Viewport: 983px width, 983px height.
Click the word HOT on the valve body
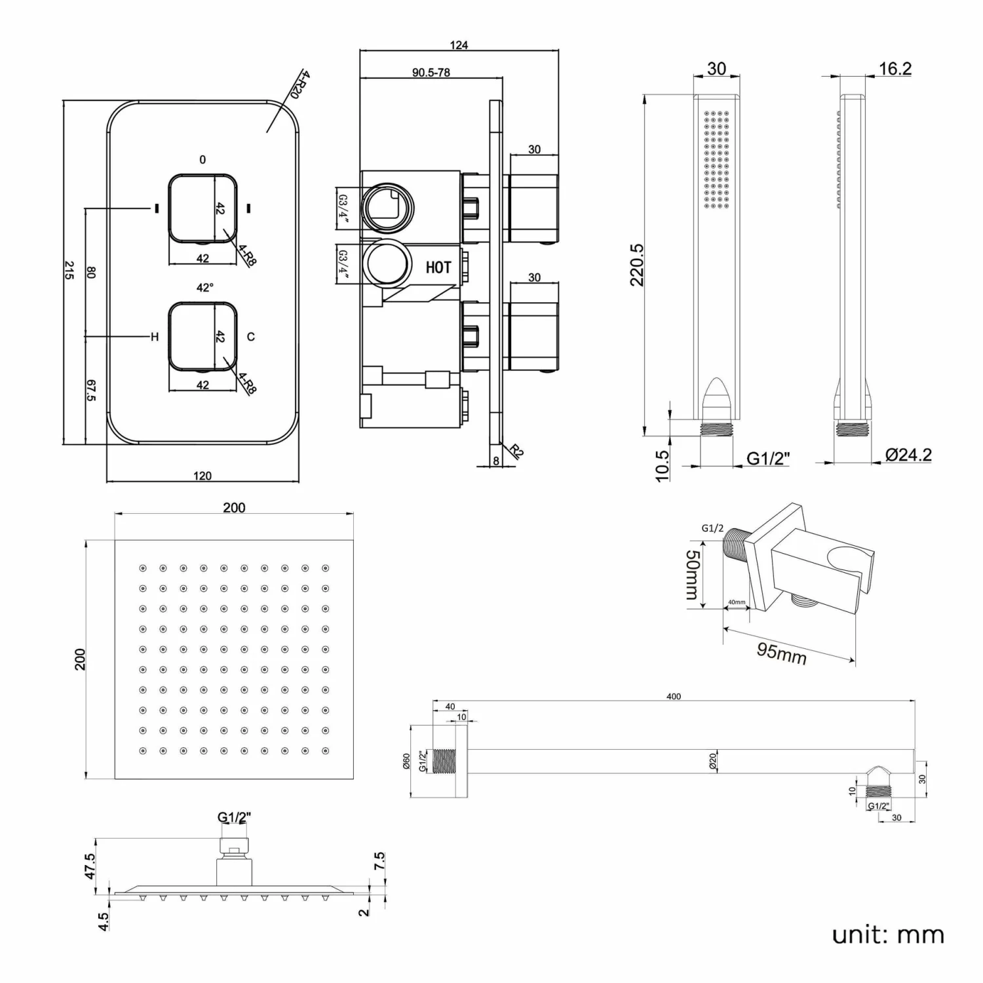[x=438, y=267]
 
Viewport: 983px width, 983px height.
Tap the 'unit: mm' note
[x=887, y=935]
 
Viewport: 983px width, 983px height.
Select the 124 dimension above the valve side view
[x=459, y=45]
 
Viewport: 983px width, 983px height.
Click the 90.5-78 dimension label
[x=431, y=73]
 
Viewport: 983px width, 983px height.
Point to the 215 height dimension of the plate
[x=69, y=271]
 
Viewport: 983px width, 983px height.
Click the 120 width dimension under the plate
[x=202, y=476]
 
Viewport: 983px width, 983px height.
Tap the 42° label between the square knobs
[x=205, y=288]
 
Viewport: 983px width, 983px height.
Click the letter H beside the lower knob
[x=155, y=337]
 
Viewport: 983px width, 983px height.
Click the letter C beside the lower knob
[x=250, y=337]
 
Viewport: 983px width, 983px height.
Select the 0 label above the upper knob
[x=202, y=160]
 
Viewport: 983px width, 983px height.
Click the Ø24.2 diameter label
[x=908, y=455]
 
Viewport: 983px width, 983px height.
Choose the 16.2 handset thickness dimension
[x=895, y=69]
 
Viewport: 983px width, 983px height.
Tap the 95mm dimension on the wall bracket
[x=781, y=653]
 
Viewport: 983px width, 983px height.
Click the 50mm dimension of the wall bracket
[x=692, y=575]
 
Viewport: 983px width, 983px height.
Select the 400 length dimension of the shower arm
[x=673, y=697]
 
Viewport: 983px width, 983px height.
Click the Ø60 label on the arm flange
[x=406, y=761]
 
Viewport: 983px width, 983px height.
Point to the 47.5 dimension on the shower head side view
[x=90, y=866]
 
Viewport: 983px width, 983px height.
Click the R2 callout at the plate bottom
[x=516, y=451]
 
